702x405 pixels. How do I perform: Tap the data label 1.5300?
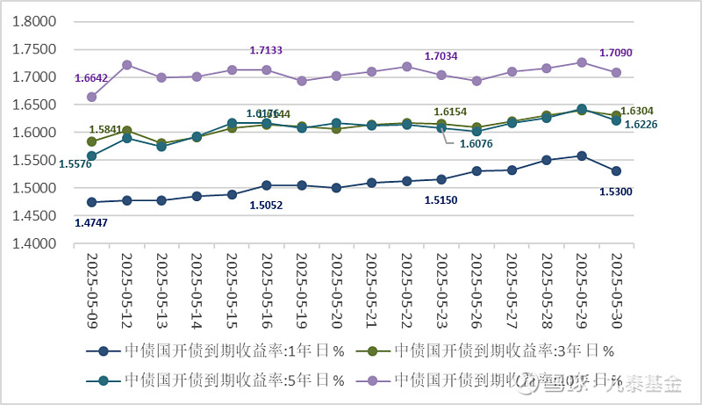point(617,192)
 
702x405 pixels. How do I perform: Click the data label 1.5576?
point(75,163)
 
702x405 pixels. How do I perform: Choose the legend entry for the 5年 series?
point(219,380)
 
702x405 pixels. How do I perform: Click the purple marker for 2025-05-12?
point(126,65)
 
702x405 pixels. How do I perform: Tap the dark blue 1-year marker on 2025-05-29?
point(581,156)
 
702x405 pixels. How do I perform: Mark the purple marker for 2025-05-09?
point(91,97)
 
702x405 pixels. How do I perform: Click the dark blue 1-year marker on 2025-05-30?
point(616,171)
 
